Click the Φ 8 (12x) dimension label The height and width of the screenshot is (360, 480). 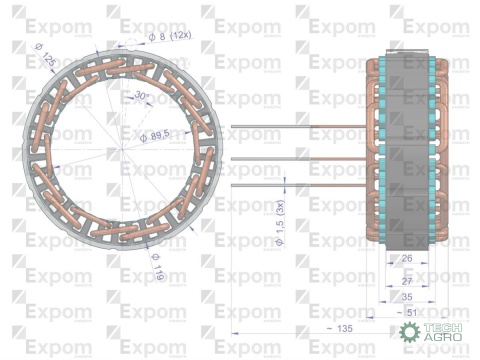(169, 37)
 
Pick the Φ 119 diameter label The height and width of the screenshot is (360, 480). (158, 267)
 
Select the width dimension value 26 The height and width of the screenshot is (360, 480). (405, 258)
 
